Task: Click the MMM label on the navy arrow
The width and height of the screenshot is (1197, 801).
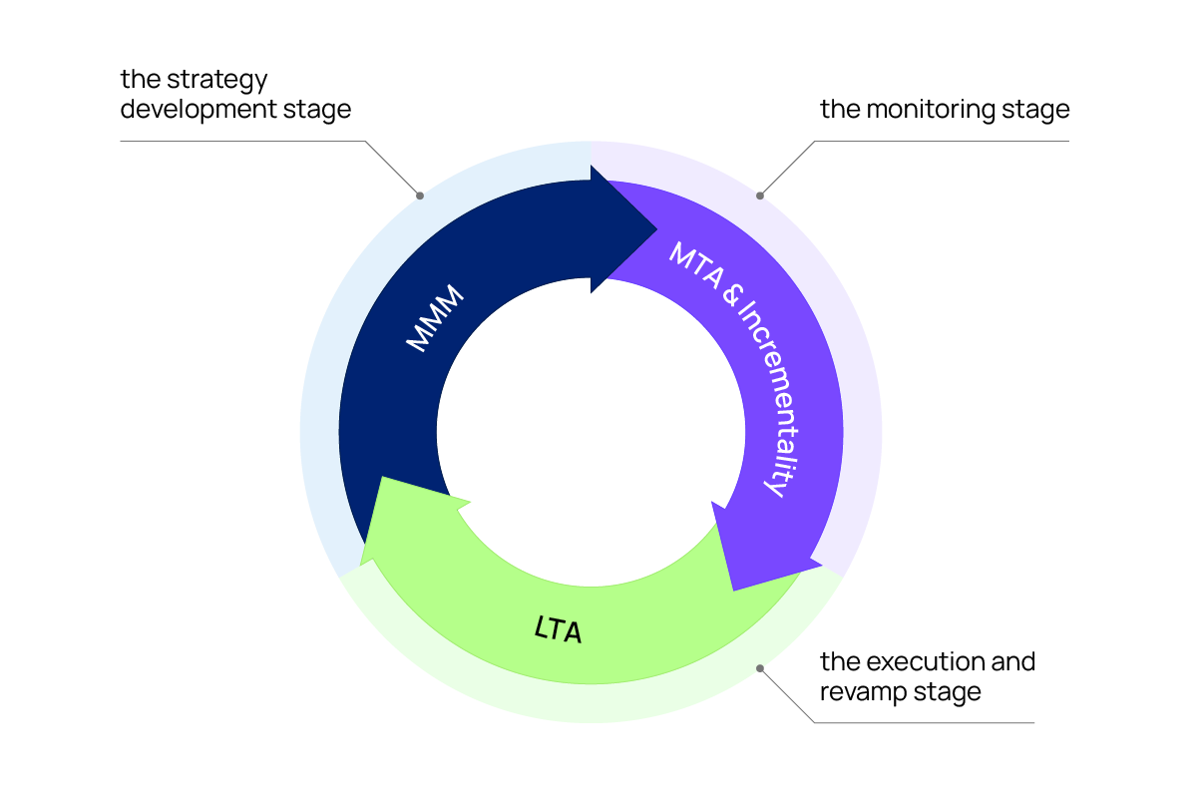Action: (437, 318)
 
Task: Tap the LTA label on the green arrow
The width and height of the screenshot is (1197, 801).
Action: (558, 629)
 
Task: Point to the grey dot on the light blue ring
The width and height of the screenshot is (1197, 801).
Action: (420, 196)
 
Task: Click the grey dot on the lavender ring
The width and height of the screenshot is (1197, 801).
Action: (760, 196)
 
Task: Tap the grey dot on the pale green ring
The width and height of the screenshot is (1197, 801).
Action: (760, 668)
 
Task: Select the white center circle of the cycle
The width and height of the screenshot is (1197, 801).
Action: (591, 432)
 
